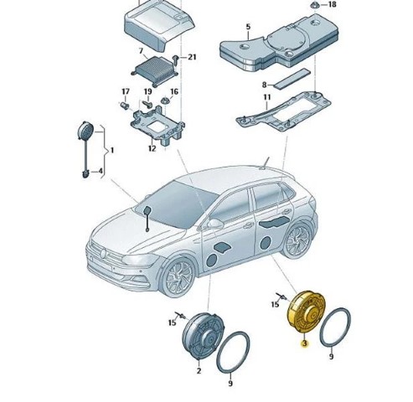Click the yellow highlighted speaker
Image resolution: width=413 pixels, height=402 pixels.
pos(306,312)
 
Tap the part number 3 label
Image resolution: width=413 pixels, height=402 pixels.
pos(304,343)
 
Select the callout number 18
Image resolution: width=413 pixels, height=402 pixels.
pos(333,4)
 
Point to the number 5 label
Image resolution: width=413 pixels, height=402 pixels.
pos(248,27)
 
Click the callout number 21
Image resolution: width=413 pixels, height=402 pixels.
pos(192,57)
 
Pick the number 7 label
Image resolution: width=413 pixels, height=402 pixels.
pos(141,51)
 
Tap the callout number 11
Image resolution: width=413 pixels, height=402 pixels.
pos(267,97)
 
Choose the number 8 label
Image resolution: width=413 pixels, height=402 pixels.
pos(264,85)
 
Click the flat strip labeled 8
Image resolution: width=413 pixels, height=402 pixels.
pos(292,79)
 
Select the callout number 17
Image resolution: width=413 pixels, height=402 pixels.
pos(126,91)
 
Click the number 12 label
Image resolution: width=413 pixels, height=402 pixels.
pos(152,148)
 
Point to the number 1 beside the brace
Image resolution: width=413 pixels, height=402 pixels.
pos(112,151)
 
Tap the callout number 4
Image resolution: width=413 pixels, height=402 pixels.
pos(100,171)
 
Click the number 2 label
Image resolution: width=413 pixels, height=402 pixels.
pos(199,371)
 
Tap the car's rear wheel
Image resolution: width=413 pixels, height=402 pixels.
pos(297,240)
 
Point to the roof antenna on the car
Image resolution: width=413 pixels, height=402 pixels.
pos(266,163)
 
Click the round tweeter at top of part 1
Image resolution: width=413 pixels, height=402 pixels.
pos(85,131)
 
